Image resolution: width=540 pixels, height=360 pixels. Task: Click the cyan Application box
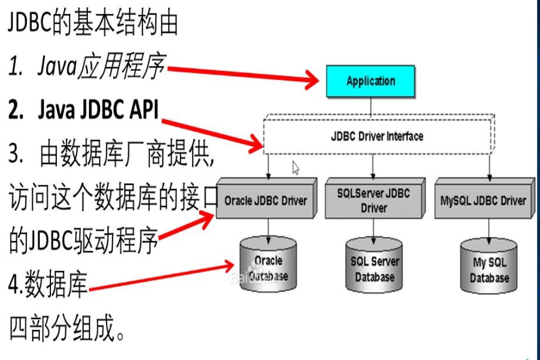pos(370,81)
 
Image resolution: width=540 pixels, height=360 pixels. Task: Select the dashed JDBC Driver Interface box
pos(378,136)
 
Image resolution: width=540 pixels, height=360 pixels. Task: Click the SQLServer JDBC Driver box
pos(373,200)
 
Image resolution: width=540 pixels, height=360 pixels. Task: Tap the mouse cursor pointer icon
pos(296,169)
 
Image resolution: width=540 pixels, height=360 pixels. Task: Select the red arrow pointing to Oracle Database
pos(158,277)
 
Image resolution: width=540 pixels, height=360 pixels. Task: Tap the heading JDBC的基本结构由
pos(93,24)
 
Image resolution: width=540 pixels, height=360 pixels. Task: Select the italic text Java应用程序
pos(87,68)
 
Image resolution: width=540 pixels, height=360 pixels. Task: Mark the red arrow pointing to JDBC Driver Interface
pos(211,132)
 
